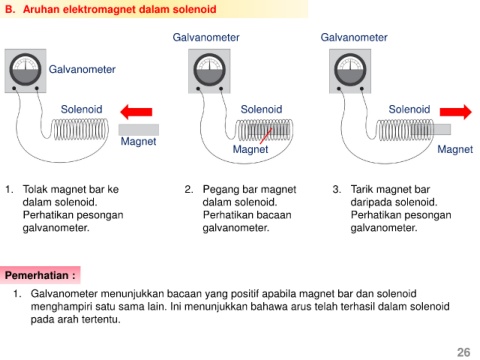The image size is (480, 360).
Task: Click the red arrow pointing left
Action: pyautogui.click(x=136, y=112)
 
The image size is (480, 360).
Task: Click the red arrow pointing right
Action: pyautogui.click(x=456, y=112)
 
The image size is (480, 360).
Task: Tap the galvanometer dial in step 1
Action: pyautogui.click(x=25, y=70)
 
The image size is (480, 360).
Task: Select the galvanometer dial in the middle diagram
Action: pyautogui.click(x=209, y=70)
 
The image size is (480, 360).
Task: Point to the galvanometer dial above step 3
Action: pyautogui.click(x=350, y=70)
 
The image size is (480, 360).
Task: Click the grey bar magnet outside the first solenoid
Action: pyautogui.click(x=139, y=130)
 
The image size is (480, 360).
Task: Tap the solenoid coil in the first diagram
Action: pyautogui.click(x=80, y=129)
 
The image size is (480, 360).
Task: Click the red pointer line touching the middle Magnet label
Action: pyautogui.click(x=266, y=136)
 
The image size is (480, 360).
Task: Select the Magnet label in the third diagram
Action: pyautogui.click(x=455, y=149)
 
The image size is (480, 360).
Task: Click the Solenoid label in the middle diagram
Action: pyautogui.click(x=261, y=109)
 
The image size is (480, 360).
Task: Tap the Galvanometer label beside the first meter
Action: pyautogui.click(x=82, y=69)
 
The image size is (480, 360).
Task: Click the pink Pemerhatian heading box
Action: pyautogui.click(x=40, y=275)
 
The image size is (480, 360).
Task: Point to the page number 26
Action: pyautogui.click(x=463, y=352)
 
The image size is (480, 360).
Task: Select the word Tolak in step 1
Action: pyautogui.click(x=35, y=189)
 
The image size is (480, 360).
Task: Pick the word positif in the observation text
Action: pyautogui.click(x=244, y=294)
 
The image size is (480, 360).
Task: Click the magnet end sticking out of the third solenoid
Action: pyautogui.click(x=442, y=129)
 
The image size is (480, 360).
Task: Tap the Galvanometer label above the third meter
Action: pyautogui.click(x=354, y=37)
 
